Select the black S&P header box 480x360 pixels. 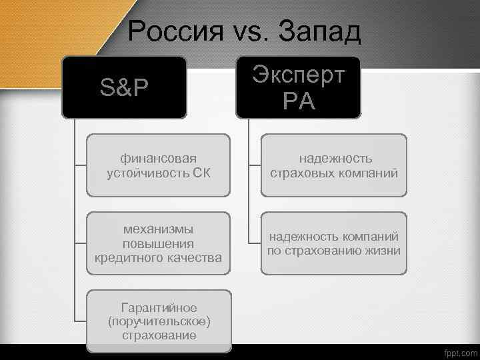coord(124,87)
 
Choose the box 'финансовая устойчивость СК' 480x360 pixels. coord(159,165)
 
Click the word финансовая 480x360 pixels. coord(159,158)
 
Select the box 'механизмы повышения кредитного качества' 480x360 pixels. coord(159,243)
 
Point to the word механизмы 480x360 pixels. coord(159,229)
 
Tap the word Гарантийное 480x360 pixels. coord(159,307)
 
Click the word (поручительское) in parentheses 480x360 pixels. coord(159,321)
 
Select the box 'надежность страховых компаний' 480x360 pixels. coord(333,165)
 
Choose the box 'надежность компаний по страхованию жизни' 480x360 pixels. coord(333,243)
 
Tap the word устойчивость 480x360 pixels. coord(147,173)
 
